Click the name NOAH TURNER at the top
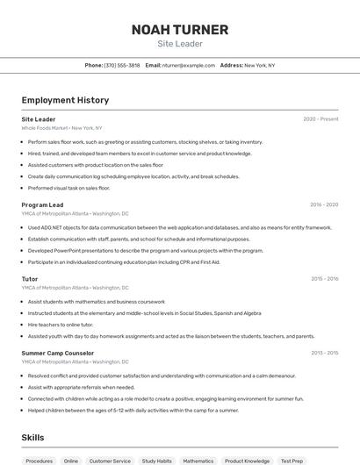[179, 30]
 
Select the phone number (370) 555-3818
[122, 65]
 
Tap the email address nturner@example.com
[189, 65]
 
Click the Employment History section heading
[65, 100]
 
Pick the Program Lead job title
[42, 204]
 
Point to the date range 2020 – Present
[320, 118]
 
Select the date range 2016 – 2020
[323, 204]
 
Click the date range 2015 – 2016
[324, 279]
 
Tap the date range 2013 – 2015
[324, 353]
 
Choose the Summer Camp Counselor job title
[57, 353]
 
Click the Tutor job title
[30, 279]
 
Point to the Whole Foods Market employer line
[61, 127]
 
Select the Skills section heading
[32, 437]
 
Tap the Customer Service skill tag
[110, 461]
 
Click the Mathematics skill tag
[198, 461]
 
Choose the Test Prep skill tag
[292, 461]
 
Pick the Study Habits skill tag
[156, 461]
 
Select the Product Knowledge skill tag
[247, 461]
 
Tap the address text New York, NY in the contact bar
[259, 65]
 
